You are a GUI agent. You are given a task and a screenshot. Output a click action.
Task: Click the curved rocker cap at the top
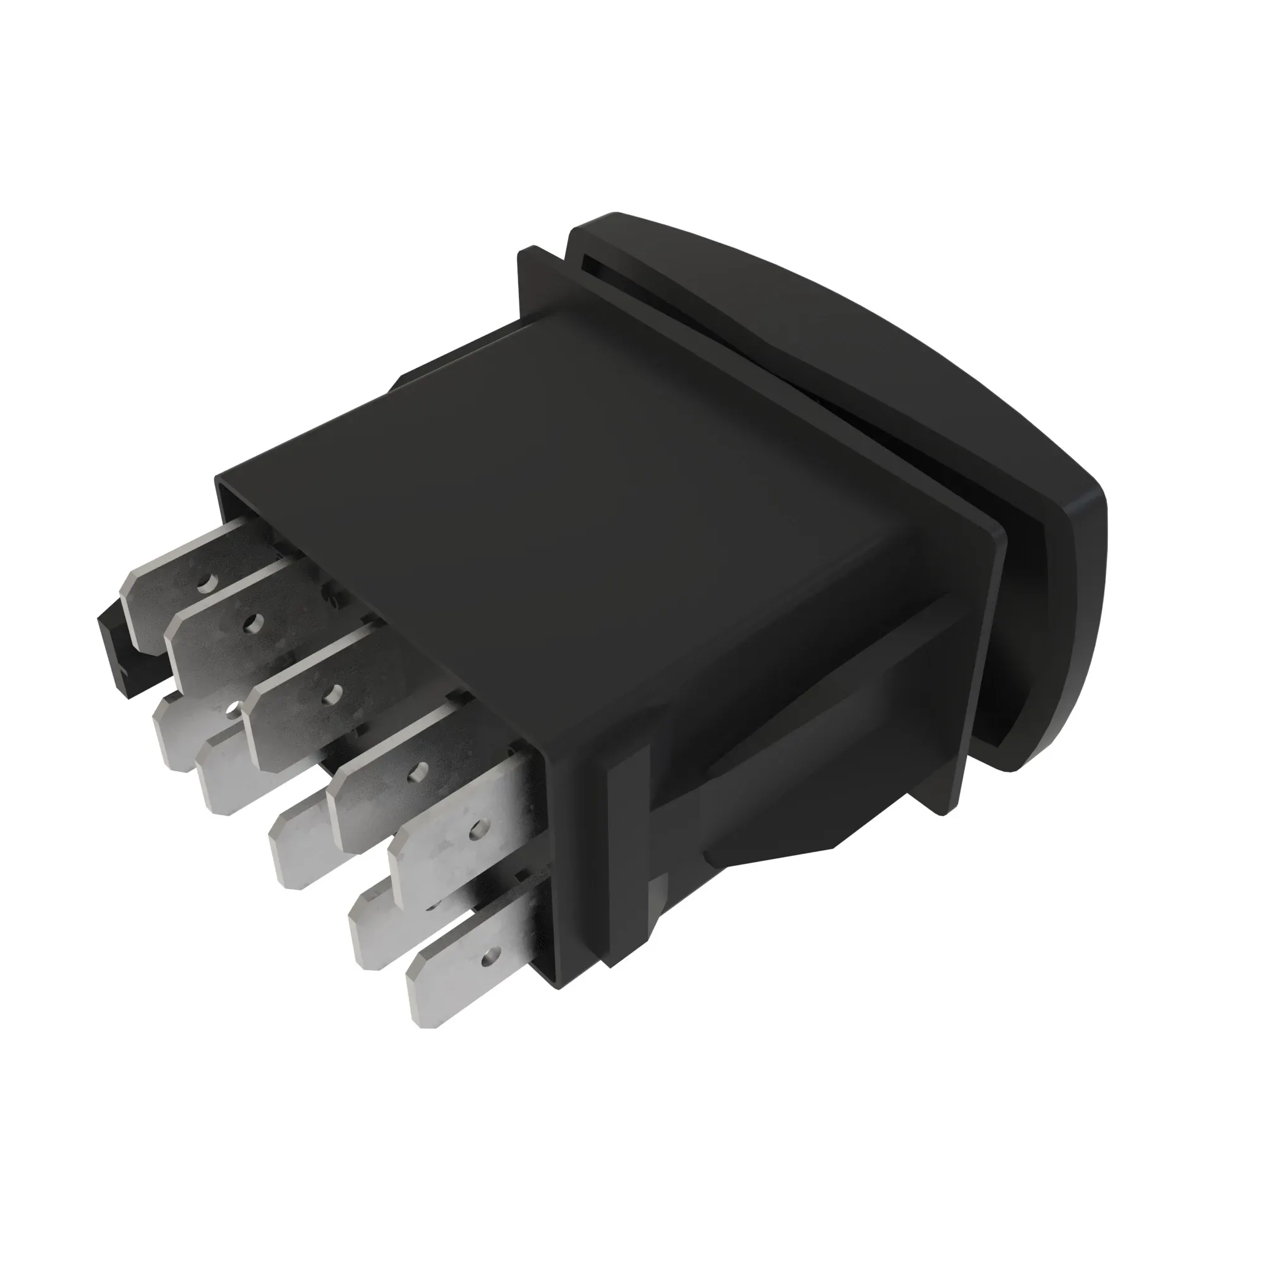tap(818, 327)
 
